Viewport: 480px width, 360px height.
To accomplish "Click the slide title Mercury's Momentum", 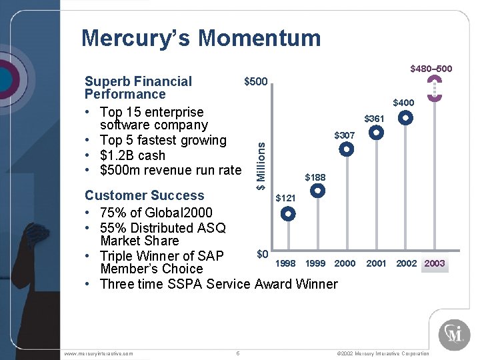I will [x=201, y=38].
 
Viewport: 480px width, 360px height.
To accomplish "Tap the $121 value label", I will [x=285, y=198].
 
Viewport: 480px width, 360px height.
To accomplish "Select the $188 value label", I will [x=315, y=177].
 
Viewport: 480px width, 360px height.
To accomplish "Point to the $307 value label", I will [x=345, y=135].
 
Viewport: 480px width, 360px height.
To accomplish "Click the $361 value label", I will [x=374, y=119].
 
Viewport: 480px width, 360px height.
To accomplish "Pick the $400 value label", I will [x=403, y=103].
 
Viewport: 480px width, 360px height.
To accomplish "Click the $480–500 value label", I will [x=431, y=69].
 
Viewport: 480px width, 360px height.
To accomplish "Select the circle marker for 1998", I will [x=288, y=215].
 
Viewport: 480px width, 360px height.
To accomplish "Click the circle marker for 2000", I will [x=347, y=150].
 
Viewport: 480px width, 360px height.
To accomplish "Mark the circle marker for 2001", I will [x=377, y=133].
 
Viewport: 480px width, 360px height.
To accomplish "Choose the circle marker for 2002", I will [x=405, y=118].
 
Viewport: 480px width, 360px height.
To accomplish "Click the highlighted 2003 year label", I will [x=435, y=263].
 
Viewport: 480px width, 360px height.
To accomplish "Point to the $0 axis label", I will [x=262, y=254].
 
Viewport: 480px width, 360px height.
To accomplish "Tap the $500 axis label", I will [x=255, y=82].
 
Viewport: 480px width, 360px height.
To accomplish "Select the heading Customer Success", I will [x=145, y=195].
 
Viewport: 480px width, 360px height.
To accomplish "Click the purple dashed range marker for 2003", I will [x=435, y=89].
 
